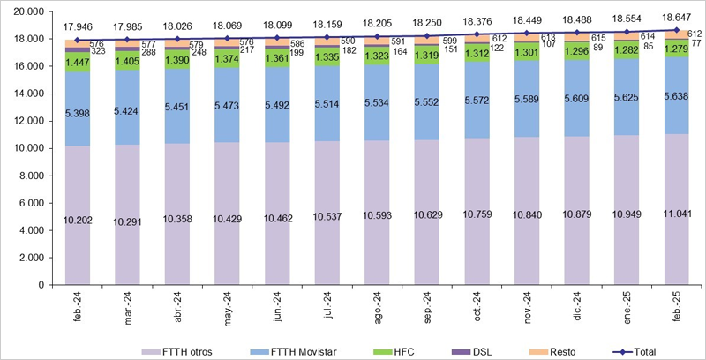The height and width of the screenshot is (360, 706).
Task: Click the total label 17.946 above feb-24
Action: pos(78,27)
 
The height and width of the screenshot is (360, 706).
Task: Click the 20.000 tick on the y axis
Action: pos(29,11)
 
